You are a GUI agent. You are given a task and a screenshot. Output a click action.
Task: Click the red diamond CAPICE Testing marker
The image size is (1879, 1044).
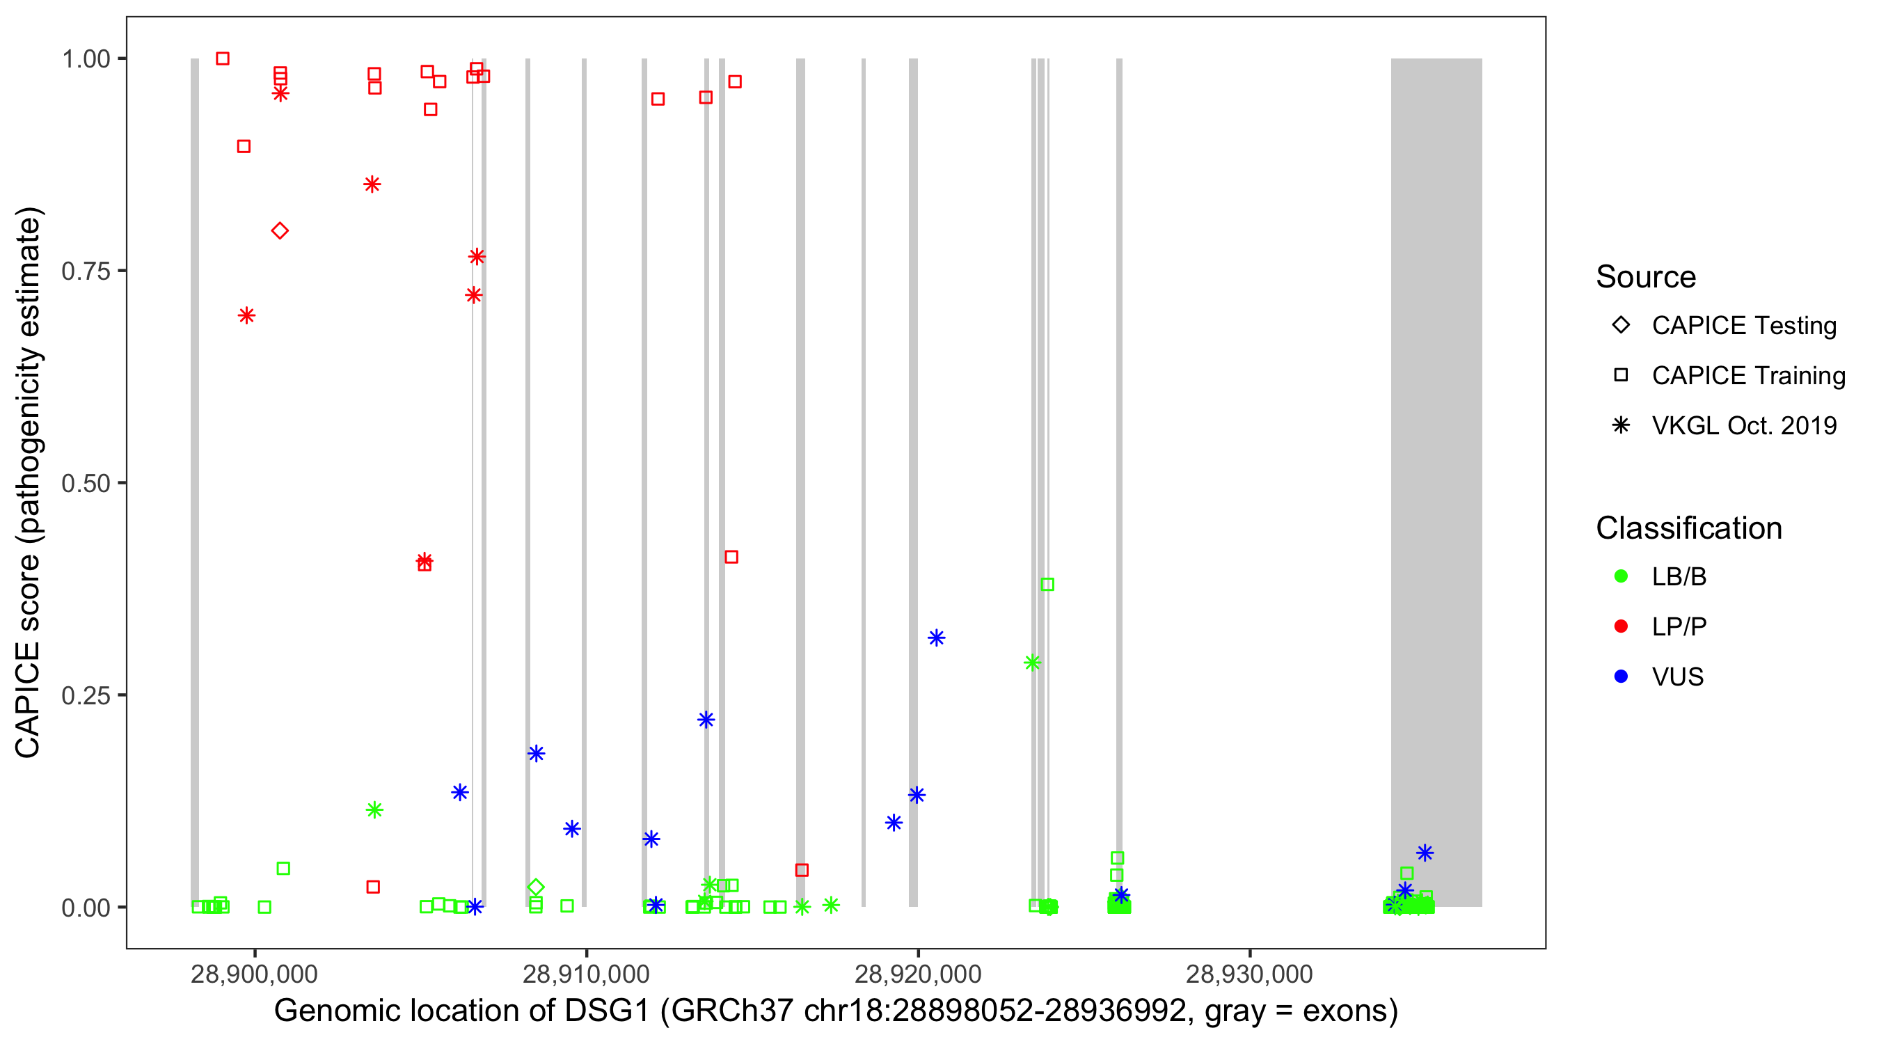click(x=279, y=231)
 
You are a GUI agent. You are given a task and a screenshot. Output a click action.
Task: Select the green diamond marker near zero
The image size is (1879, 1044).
click(x=535, y=887)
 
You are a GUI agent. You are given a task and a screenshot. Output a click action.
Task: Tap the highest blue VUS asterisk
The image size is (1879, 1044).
click(x=936, y=638)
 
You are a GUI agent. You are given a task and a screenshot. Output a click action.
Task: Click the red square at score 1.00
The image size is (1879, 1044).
click(x=223, y=58)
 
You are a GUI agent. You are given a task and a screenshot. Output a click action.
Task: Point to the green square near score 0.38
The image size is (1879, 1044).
click(x=1047, y=585)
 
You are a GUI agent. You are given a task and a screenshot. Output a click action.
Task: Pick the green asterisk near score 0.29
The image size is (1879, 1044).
click(x=1031, y=663)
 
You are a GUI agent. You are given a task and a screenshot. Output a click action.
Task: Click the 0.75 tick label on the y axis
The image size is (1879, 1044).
click(x=86, y=271)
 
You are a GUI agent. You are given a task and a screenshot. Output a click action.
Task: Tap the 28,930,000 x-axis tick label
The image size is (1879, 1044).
click(x=1248, y=974)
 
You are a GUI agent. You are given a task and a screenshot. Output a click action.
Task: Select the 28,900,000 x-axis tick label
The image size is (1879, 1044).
click(x=254, y=974)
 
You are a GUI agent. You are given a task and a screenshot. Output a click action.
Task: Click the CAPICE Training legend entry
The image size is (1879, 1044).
click(x=1747, y=376)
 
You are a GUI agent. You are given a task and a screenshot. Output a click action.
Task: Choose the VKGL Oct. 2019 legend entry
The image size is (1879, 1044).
click(x=1743, y=426)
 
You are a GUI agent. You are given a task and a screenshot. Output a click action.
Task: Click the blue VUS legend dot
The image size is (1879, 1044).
click(x=1621, y=677)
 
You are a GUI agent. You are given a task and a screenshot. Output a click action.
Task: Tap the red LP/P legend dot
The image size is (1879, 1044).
click(x=1621, y=626)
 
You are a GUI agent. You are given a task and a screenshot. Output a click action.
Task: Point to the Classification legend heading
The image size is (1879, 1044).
click(x=1688, y=528)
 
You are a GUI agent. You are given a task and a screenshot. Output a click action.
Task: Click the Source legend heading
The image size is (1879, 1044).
click(x=1646, y=277)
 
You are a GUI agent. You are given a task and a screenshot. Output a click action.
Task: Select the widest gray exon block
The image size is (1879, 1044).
click(x=1436, y=482)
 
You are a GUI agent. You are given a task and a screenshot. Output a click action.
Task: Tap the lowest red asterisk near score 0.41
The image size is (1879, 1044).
click(x=424, y=560)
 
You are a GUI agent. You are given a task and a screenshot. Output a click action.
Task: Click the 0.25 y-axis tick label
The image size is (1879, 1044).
click(x=86, y=695)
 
